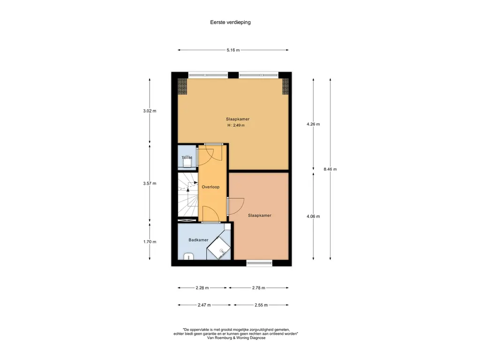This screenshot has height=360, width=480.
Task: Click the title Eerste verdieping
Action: coord(230,22)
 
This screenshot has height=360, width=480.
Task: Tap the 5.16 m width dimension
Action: coord(233,50)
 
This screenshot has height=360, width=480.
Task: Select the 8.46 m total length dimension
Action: coord(330,169)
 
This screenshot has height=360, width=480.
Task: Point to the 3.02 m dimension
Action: coord(150,111)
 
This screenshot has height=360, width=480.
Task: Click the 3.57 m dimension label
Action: coord(150,183)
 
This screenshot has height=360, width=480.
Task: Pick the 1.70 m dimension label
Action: coord(150,241)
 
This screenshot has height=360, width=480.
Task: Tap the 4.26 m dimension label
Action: coord(313,124)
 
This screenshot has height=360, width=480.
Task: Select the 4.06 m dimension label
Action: coord(313,216)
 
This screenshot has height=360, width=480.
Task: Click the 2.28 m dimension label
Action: coord(202,288)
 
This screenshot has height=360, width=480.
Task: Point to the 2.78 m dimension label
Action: coord(259,288)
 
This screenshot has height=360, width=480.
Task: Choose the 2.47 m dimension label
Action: coord(204,305)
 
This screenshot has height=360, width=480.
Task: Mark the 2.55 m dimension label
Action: coord(261,305)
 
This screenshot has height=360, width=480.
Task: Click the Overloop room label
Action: coord(210,187)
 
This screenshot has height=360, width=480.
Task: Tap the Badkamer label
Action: coord(198,240)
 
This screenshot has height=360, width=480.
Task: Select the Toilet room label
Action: coord(187,157)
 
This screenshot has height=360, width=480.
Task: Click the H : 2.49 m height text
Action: coord(236,125)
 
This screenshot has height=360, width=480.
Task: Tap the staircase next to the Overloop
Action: coord(188,195)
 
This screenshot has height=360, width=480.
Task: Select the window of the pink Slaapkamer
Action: coord(259,262)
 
